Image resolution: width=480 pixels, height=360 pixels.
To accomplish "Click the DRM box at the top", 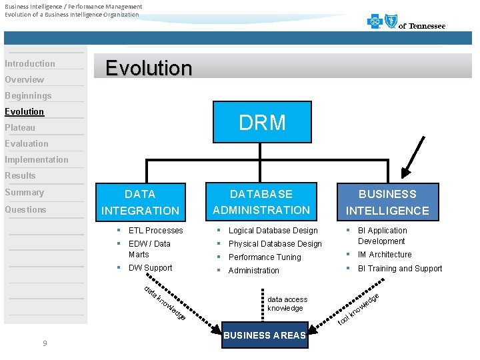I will (x=262, y=122).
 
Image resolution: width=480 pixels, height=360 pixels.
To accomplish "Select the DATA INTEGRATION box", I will (x=140, y=202).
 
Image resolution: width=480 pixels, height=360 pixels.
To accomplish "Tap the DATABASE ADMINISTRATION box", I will (x=261, y=202).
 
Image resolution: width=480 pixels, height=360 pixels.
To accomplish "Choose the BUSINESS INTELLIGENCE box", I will (x=387, y=202).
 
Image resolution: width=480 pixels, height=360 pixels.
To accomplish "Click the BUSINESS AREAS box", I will (x=265, y=335).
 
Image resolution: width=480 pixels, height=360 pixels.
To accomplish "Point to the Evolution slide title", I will (x=149, y=68).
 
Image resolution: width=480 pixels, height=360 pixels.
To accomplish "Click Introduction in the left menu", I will (x=30, y=64).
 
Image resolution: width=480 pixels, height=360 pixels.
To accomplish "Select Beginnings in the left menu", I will (x=28, y=96).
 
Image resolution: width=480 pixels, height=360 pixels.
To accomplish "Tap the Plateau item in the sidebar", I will (x=20, y=128).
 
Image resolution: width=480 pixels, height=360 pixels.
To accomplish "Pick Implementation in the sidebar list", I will (x=37, y=160).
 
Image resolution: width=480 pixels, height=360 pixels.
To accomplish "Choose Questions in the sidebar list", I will (x=26, y=209).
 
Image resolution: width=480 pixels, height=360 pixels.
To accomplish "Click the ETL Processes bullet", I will (x=155, y=231).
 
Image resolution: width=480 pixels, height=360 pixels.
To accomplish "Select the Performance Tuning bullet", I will (x=265, y=257).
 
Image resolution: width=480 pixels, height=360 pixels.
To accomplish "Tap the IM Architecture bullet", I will (x=385, y=255).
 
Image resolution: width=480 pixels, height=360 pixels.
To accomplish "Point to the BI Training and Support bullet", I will (x=400, y=269).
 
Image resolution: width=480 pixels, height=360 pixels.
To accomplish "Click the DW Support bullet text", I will (x=150, y=268).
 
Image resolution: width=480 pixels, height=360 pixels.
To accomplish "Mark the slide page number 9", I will (x=44, y=343).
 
